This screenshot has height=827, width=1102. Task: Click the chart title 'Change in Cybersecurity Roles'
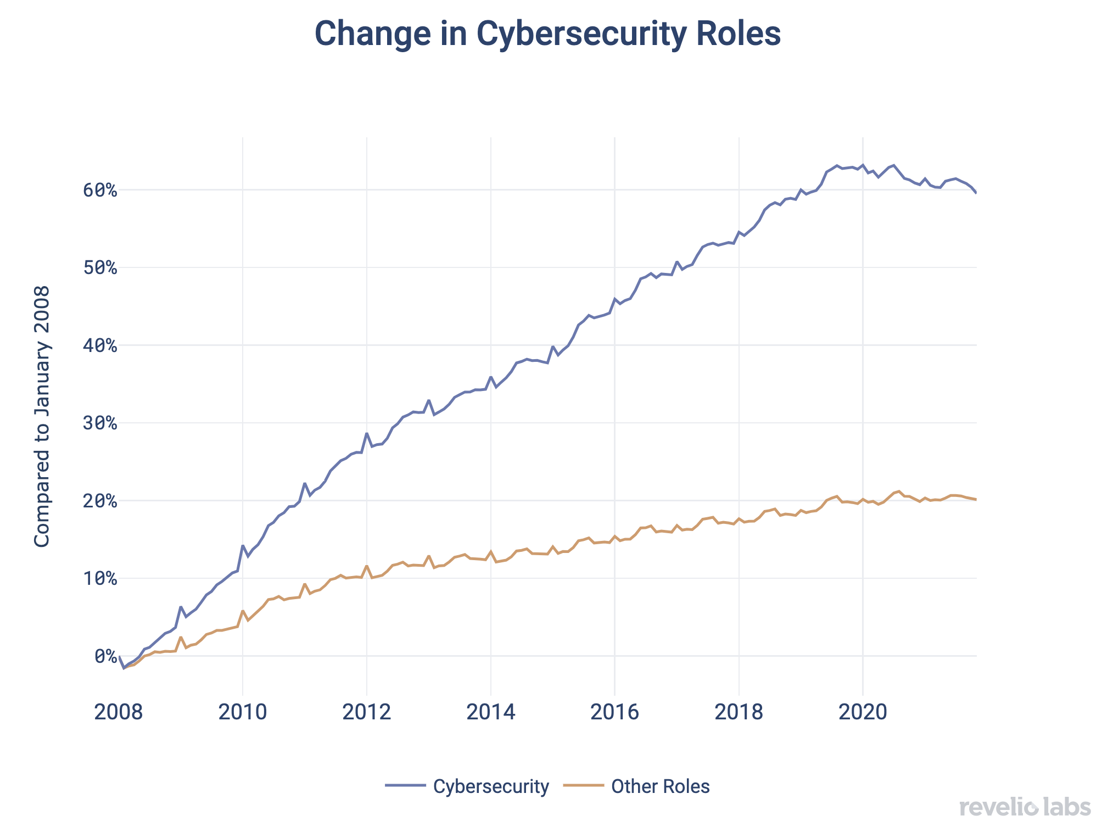point(547,34)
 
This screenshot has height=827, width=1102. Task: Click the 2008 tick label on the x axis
point(119,712)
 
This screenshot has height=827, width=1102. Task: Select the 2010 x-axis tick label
point(243,712)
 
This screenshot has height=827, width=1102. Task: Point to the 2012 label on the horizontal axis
point(367,712)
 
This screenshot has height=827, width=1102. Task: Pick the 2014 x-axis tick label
point(491,712)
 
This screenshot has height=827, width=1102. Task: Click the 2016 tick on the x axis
point(615,712)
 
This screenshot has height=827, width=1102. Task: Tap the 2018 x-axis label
point(739,712)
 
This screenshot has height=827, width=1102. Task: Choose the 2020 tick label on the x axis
point(863,712)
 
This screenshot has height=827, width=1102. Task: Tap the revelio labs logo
point(1025,807)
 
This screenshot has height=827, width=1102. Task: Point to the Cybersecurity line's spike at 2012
point(367,433)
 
